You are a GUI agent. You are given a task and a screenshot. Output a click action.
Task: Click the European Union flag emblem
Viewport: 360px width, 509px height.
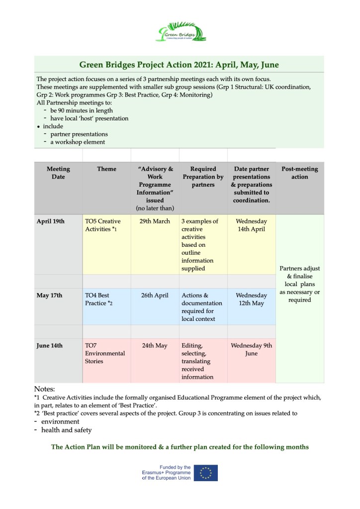point(205,473)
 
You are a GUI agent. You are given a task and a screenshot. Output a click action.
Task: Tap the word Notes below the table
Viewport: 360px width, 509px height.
point(44,389)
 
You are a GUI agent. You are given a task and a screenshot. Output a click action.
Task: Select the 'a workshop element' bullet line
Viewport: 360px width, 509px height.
point(78,142)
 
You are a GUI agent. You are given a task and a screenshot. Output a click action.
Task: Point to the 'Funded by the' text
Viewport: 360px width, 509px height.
point(175,467)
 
